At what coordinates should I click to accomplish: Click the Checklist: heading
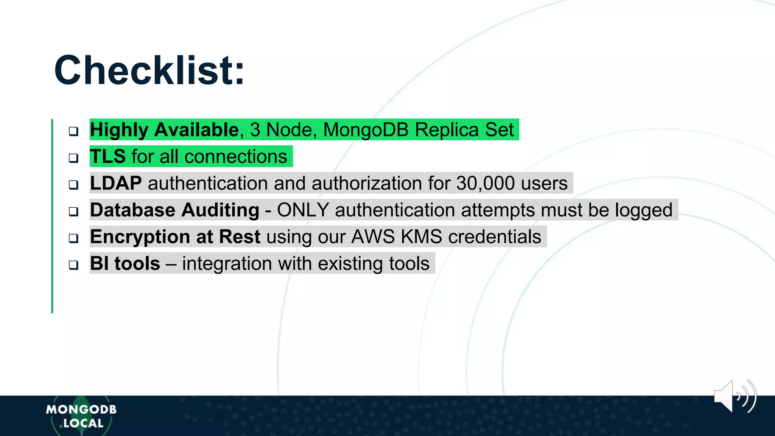pos(149,71)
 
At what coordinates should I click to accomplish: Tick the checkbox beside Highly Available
pos(73,131)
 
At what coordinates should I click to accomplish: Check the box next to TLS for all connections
pos(73,158)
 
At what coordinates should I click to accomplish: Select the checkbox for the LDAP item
pos(73,185)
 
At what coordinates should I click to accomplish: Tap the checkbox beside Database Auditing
pos(73,211)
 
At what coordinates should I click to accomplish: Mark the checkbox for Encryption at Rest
pos(73,238)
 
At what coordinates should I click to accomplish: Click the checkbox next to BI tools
pos(73,265)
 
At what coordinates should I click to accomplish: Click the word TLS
pos(107,156)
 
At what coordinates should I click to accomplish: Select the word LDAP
pos(116,183)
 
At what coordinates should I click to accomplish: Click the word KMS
pos(421,237)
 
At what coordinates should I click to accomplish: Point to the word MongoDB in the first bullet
pos(366,130)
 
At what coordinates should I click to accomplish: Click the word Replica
pos(447,130)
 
